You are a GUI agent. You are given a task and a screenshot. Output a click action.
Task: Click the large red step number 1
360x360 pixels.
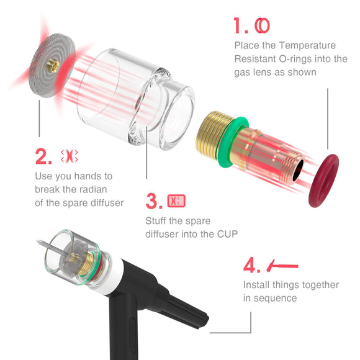tap(238, 25)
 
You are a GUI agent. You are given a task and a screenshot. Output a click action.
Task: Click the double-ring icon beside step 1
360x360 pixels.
tap(262, 25)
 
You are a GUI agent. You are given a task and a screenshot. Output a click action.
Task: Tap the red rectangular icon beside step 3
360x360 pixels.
tap(176, 201)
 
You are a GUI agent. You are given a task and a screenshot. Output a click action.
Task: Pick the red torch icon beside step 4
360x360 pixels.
tap(282, 266)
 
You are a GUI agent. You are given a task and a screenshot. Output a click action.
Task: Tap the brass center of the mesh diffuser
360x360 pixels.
tap(53, 66)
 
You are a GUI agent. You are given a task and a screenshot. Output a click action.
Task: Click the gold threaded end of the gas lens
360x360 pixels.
tap(208, 135)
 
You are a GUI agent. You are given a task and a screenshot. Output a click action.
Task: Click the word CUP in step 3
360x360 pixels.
tap(227, 234)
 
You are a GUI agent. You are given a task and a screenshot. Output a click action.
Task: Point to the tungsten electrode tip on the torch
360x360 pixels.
tap(38, 241)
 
